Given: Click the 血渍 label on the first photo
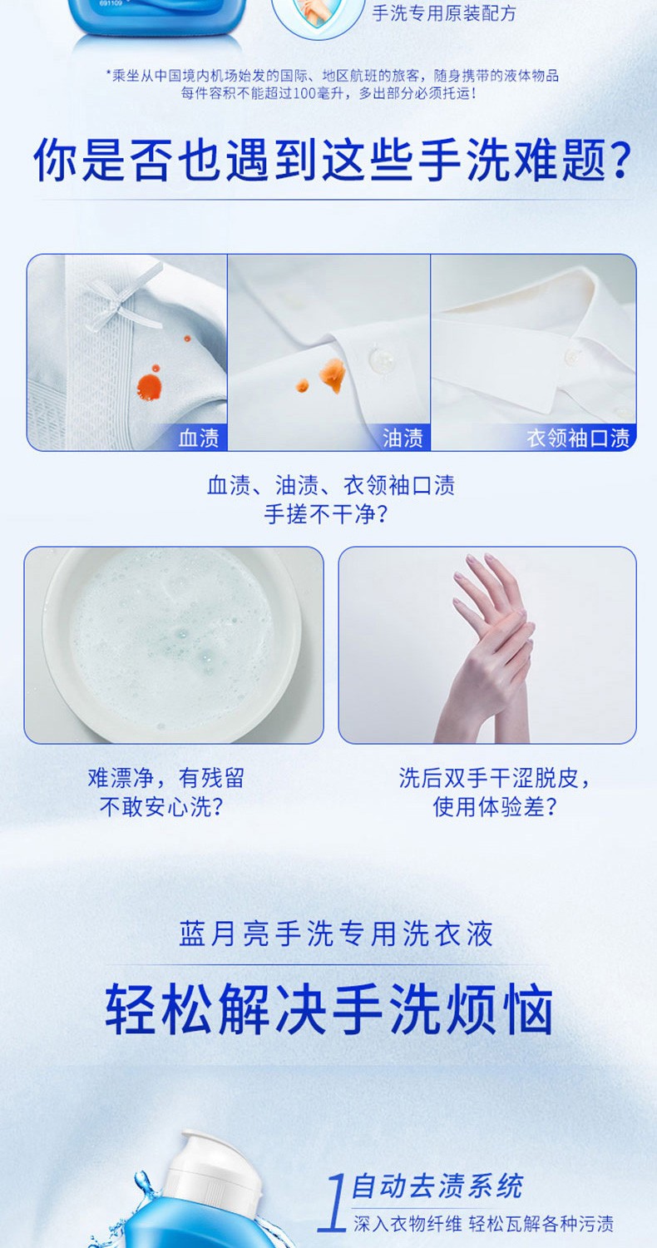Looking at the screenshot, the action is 199,438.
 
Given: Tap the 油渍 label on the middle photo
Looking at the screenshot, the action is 403,438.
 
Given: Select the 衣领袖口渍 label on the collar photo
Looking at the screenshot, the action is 578,438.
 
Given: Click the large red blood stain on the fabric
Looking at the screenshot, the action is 149,385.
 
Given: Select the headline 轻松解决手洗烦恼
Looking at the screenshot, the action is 329,1009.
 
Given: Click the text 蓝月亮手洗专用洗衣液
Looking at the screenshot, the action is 336,934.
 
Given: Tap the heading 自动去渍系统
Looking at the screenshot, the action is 437,1185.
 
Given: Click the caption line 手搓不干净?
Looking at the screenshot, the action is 326,514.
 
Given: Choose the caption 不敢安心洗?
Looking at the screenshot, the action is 161,806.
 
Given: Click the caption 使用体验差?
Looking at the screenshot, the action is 495,806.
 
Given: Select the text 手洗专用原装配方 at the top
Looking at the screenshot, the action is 444,12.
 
